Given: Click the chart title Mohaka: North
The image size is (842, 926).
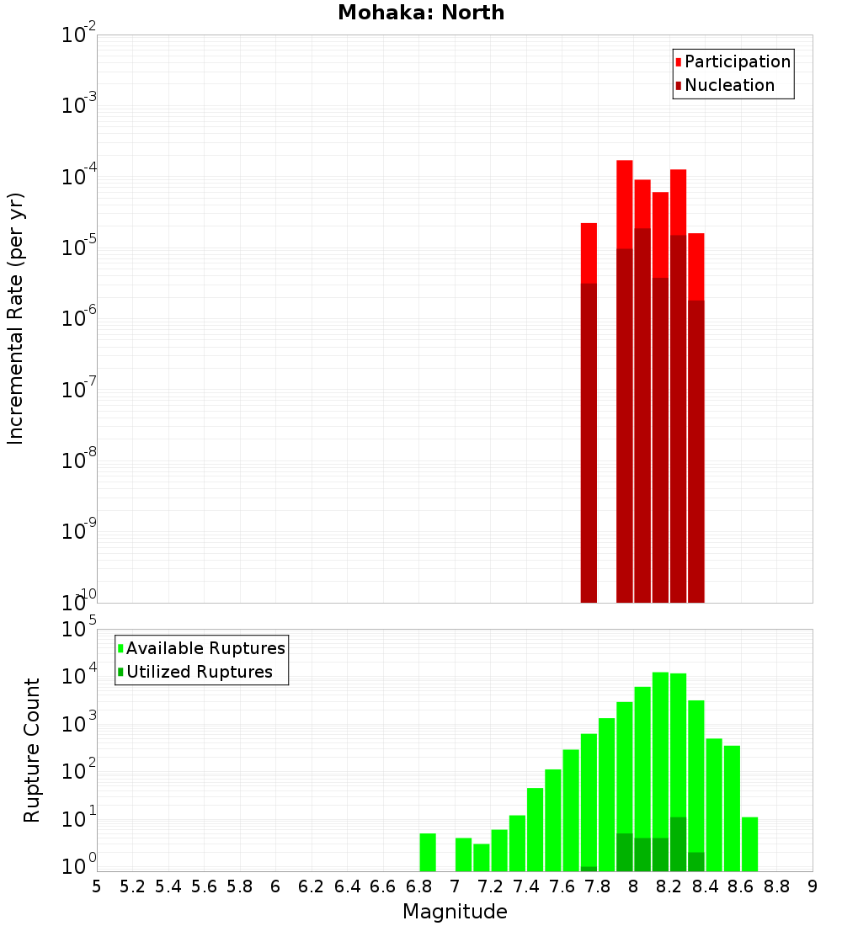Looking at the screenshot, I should pos(421,13).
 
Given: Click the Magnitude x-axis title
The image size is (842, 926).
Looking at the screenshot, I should pos(455,912).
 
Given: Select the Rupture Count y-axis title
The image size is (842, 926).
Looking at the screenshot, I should pos(32,750).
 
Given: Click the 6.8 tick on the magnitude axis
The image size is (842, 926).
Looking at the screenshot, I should pos(419,886).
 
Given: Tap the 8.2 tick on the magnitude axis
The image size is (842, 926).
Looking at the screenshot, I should pos(669,886).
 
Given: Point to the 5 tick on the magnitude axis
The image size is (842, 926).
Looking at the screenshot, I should pos(97,886).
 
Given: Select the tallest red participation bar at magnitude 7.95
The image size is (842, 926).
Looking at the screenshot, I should pos(624,202).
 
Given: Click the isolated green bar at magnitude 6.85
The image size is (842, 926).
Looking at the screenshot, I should pos(428,852).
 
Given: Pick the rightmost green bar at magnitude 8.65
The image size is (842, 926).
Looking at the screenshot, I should pos(749,844).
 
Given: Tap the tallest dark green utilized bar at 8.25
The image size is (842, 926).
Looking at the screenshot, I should pos(678,844).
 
